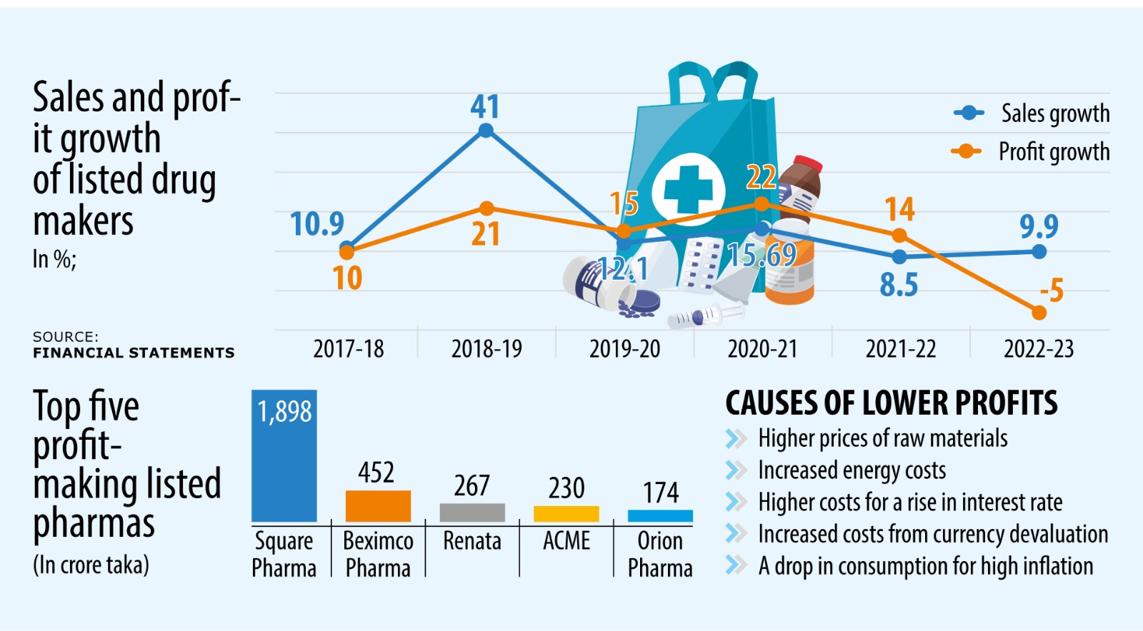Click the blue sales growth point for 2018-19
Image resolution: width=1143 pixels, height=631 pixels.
486,131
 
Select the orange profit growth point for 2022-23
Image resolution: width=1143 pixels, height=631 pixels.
1039,313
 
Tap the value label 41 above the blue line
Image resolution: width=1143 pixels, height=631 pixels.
485,107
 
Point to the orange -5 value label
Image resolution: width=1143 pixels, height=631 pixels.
1052,291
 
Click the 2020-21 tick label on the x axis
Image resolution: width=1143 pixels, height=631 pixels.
762,349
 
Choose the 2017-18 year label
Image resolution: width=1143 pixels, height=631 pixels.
349,349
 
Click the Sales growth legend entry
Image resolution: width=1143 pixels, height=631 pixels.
1032,113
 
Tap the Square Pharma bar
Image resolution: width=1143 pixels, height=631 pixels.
284,457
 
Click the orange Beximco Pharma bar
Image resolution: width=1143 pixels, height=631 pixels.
378,506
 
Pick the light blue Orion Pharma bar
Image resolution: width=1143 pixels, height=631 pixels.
660,515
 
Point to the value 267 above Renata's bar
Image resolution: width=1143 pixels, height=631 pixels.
472,486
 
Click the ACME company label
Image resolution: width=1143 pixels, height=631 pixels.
566,541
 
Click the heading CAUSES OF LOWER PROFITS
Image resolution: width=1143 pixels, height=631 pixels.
891,403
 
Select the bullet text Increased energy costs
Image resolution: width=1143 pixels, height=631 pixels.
852,470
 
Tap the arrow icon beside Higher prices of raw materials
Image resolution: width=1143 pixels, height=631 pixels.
735,438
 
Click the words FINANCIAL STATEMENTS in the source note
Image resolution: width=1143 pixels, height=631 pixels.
134,353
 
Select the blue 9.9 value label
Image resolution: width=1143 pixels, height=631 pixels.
1039,226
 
